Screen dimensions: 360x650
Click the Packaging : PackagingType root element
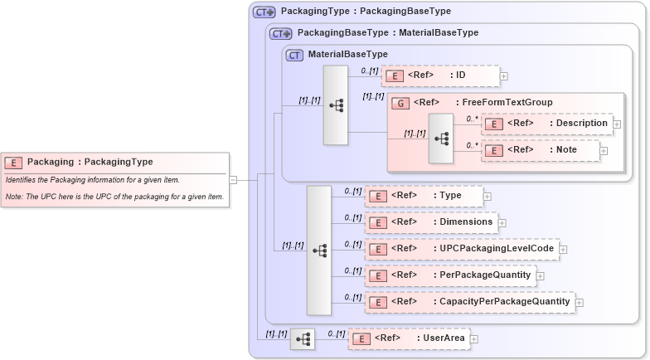pos(90,162)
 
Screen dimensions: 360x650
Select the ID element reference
pos(439,76)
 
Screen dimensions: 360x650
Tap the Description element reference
pos(548,123)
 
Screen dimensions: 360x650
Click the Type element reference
pos(424,196)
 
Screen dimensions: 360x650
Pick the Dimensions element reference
pos(431,222)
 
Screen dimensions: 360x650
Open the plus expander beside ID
pos(504,77)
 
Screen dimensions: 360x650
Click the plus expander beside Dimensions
pos(502,223)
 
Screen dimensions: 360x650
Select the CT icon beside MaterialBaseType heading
pos(294,56)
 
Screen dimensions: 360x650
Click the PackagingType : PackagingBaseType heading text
pos(366,12)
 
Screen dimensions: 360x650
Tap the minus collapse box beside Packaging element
pos(233,178)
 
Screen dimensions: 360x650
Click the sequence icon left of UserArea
pos(303,338)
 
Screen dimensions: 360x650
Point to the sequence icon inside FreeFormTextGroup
pos(441,139)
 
